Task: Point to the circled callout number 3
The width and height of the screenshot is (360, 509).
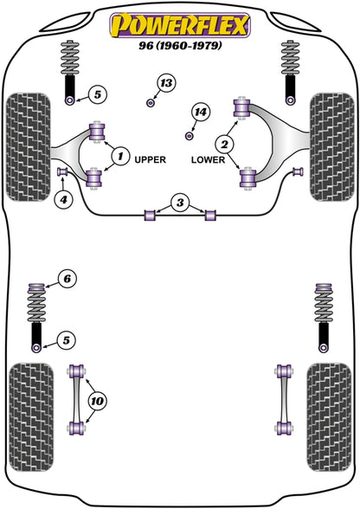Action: click(x=179, y=203)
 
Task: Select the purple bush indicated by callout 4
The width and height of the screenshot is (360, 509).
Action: click(x=62, y=173)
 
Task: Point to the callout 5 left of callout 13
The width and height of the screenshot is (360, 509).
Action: click(x=98, y=93)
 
